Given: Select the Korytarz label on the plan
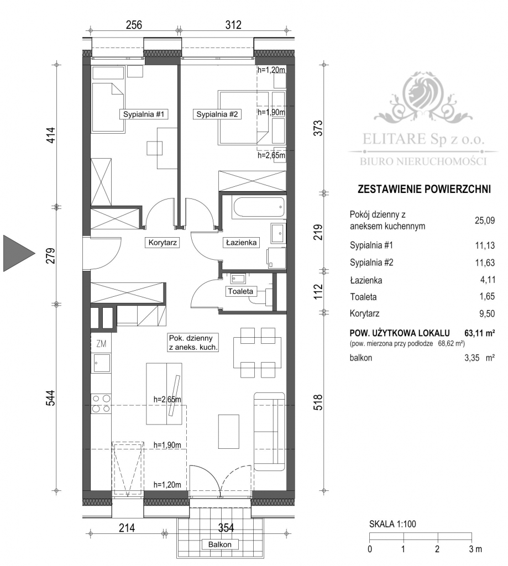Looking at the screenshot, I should (161, 242).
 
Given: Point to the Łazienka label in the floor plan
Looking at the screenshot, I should (240, 242).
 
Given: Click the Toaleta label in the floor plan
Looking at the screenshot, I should (240, 291).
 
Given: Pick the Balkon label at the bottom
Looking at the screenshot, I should (219, 544).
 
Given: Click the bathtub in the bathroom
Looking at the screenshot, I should (259, 208).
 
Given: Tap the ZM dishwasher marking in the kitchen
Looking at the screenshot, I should (101, 343).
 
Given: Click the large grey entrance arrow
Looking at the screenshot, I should (19, 253).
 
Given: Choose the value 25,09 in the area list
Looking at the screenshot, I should (484, 221).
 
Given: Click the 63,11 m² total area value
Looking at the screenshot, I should (477, 333).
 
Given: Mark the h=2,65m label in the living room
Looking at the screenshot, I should (167, 399).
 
